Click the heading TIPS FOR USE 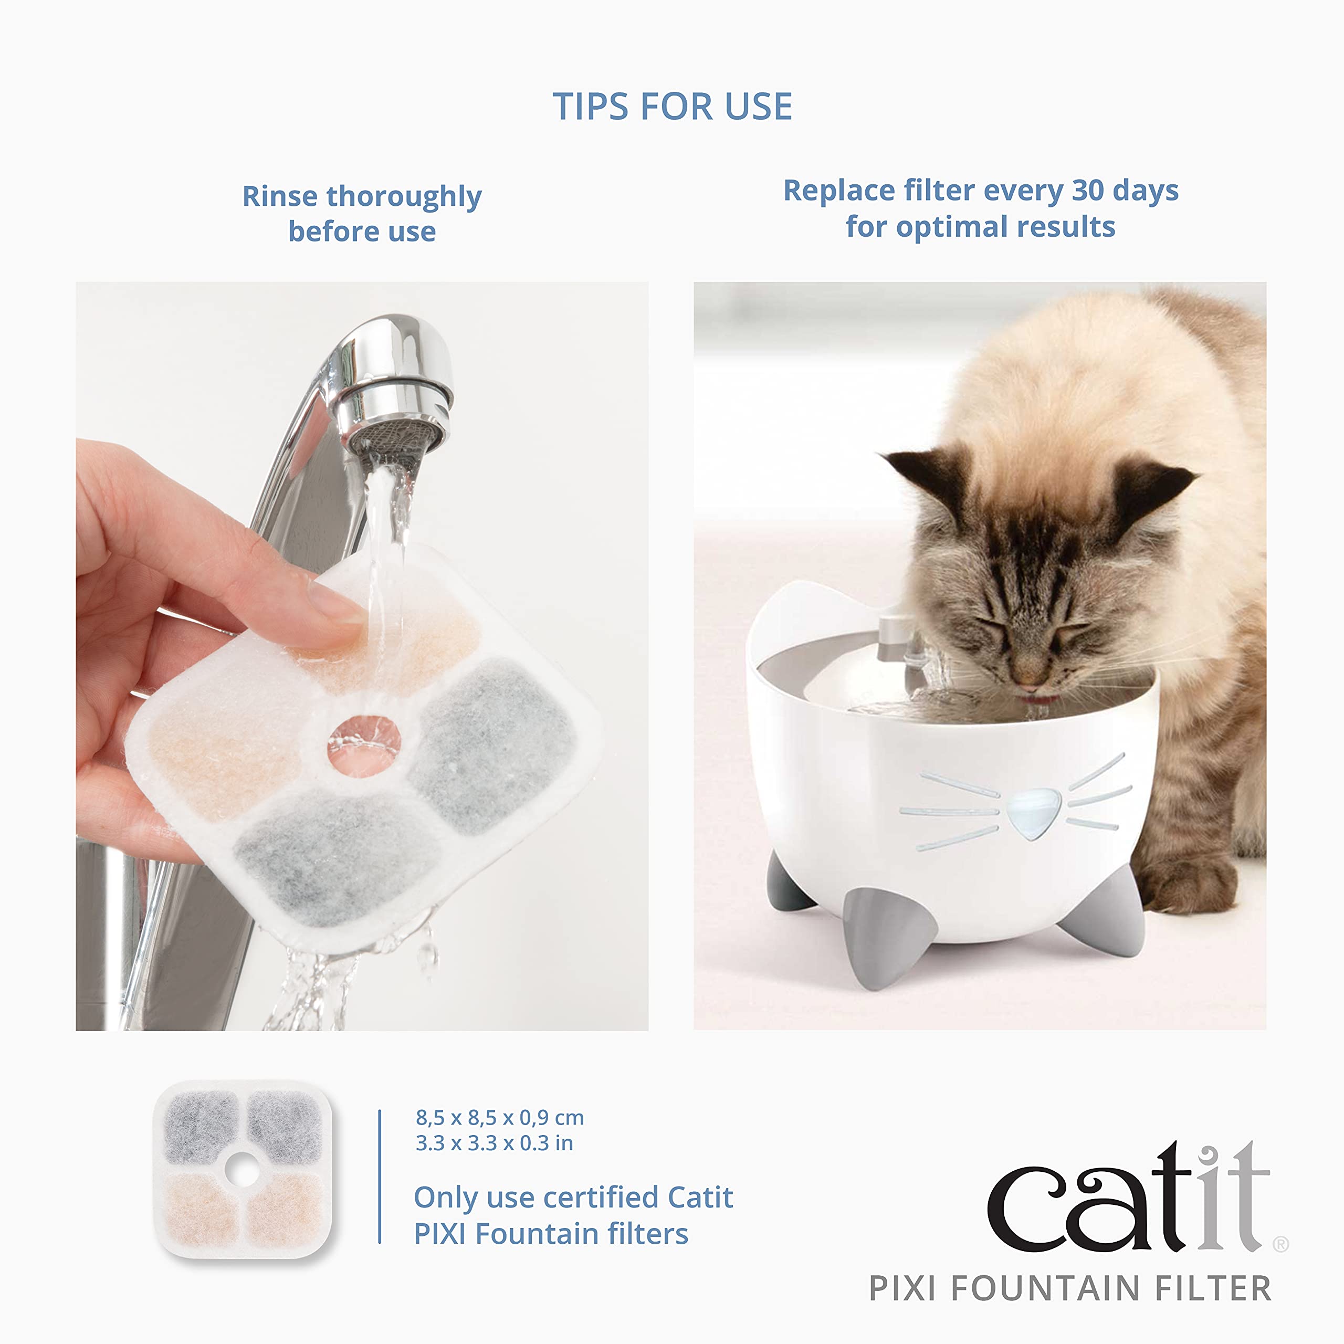[672, 107]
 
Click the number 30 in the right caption [1088, 190]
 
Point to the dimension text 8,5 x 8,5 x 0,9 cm [499, 1118]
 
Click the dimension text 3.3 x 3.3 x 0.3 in [494, 1143]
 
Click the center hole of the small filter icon [243, 1171]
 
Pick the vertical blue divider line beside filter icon [380, 1175]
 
